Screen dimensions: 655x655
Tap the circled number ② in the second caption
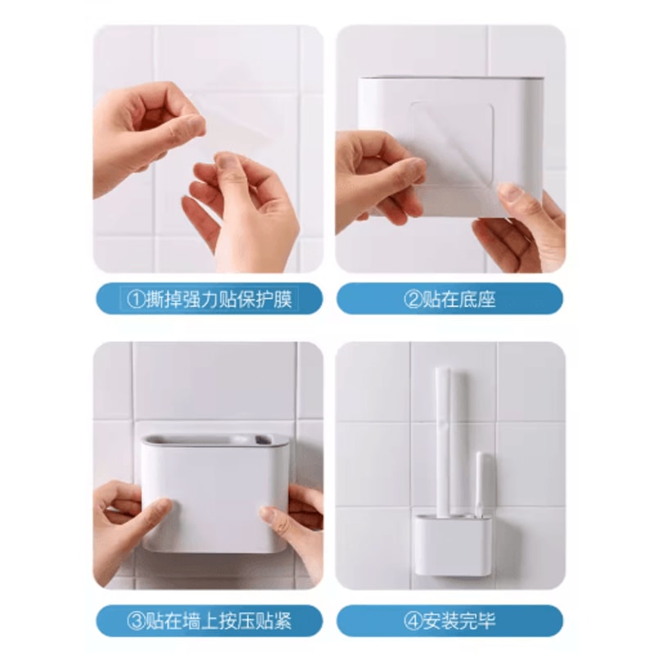412,299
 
